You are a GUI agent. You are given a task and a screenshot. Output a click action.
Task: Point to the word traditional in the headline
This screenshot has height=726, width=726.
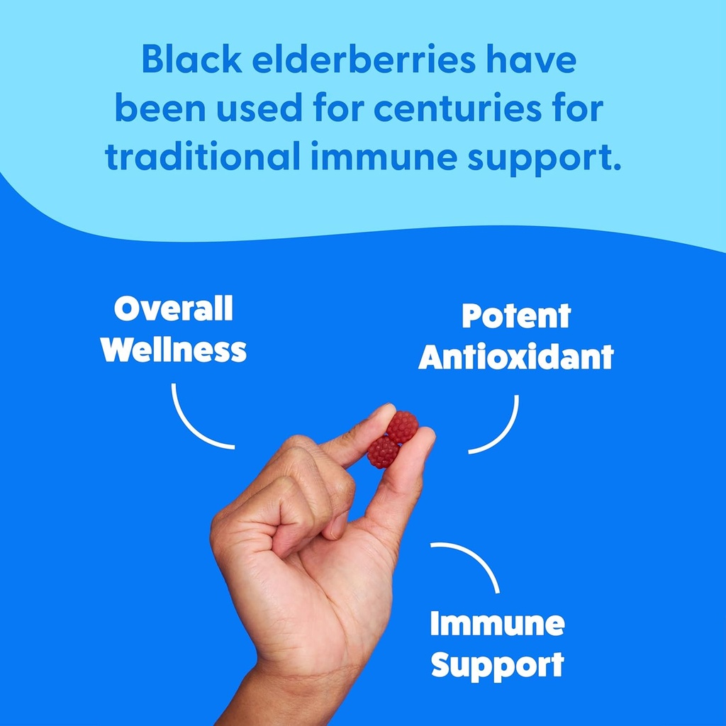[202, 158]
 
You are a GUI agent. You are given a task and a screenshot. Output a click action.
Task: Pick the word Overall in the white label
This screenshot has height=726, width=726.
[174, 309]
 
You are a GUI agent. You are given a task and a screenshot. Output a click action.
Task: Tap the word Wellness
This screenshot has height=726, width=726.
[174, 350]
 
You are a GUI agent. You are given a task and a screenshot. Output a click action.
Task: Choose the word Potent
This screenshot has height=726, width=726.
[515, 316]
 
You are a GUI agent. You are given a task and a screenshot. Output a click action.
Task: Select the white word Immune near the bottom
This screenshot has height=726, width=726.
[497, 624]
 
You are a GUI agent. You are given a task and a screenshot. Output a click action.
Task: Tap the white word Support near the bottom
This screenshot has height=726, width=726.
[497, 665]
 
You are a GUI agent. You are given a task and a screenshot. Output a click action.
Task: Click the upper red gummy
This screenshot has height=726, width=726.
[403, 426]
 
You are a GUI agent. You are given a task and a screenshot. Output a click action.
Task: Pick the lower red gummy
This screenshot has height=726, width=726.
[383, 452]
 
